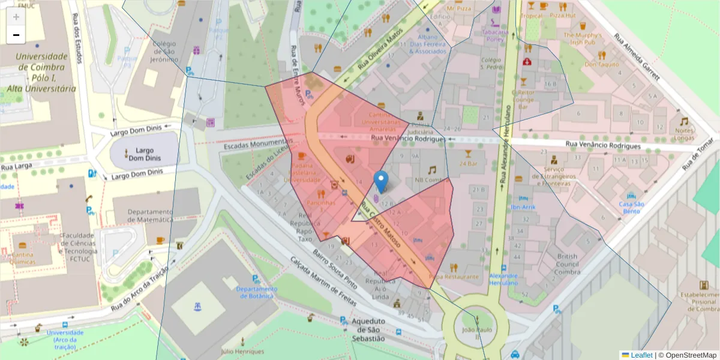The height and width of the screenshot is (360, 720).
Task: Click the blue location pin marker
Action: [x=380, y=181]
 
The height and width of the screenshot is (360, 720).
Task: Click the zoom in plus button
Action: [x=16, y=17]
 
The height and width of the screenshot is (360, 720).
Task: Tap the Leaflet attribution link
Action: [x=641, y=355]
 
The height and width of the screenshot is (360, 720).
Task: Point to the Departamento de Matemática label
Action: [x=142, y=215]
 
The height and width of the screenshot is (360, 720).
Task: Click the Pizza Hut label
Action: [x=563, y=15]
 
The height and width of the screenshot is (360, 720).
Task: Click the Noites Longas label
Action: [x=684, y=134]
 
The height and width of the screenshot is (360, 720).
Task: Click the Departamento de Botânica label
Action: [x=256, y=292]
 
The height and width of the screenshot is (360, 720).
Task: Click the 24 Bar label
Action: [x=468, y=163]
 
